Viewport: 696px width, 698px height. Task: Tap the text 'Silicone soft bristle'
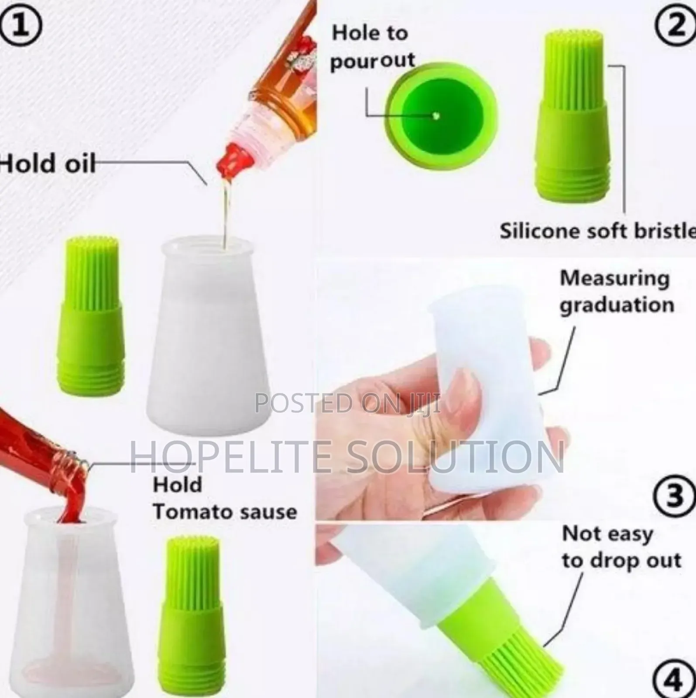pyautogui.click(x=597, y=231)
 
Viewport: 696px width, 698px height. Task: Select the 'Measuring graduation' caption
pyautogui.click(x=617, y=291)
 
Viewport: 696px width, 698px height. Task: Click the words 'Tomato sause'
pyautogui.click(x=225, y=511)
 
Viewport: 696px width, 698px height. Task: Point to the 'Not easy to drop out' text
pyautogui.click(x=621, y=547)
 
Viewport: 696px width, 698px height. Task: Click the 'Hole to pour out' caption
pyautogui.click(x=372, y=47)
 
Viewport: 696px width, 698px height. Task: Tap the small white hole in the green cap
pyautogui.click(x=435, y=116)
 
